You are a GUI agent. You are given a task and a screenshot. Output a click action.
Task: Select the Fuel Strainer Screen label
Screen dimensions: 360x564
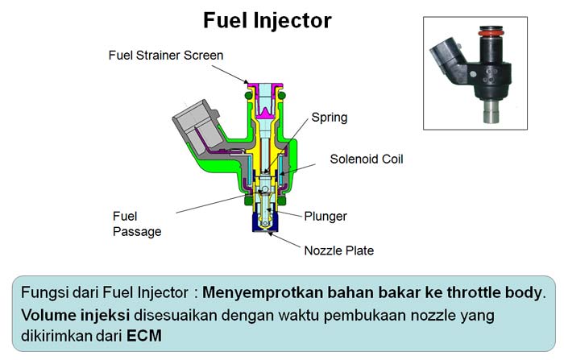point(166,56)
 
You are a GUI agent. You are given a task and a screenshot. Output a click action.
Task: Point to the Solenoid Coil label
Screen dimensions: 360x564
point(366,159)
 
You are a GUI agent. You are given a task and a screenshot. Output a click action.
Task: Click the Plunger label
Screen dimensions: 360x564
point(326,215)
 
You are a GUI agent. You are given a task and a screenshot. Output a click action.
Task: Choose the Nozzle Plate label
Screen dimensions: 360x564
point(338,250)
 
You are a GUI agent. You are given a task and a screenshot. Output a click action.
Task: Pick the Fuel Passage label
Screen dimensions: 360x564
point(137,223)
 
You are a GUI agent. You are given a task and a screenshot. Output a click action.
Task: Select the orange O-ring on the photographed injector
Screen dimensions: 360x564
point(486,35)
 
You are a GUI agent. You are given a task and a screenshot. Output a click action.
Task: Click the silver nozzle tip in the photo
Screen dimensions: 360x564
point(491,114)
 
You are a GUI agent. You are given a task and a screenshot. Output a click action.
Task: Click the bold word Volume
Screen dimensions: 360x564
point(48,313)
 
